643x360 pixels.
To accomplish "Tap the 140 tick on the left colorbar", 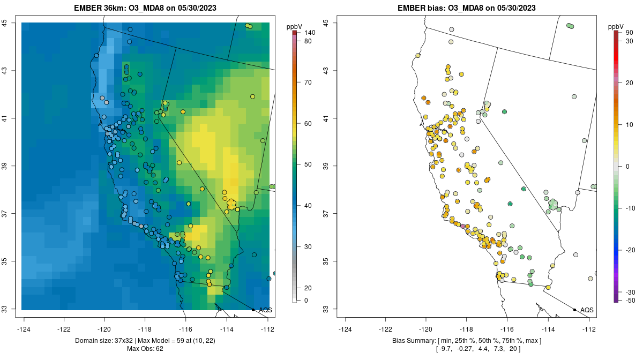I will point(310,33).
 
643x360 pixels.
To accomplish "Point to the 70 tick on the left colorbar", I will point(308,82).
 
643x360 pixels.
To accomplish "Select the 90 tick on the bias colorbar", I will point(629,33).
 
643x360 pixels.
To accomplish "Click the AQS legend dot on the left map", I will point(253,310).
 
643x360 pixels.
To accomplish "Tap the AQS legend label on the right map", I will point(587,310).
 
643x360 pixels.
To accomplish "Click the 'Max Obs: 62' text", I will point(145,349).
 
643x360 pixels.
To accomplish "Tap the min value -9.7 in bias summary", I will point(446,349).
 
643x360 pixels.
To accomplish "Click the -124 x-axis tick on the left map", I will point(24,329).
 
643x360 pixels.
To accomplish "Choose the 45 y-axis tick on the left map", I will point(4,23).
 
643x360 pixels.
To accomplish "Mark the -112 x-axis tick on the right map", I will point(589,329).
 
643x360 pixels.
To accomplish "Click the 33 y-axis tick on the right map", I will point(326,309).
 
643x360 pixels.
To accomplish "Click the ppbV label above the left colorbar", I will point(294,27).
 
